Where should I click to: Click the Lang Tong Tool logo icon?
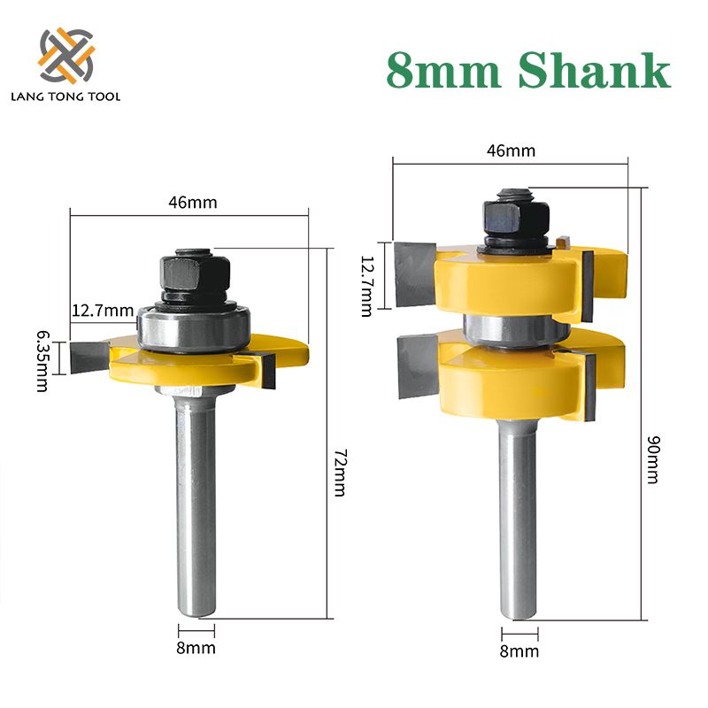pyautogui.click(x=66, y=55)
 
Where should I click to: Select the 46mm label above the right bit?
pyautogui.click(x=511, y=150)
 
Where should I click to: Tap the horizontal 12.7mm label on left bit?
pyautogui.click(x=101, y=310)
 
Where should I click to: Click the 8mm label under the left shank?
pyautogui.click(x=196, y=648)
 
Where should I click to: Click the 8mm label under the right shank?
pyautogui.click(x=519, y=651)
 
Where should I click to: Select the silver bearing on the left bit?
pyautogui.click(x=194, y=330)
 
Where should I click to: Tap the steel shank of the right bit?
pyautogui.click(x=517, y=513)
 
